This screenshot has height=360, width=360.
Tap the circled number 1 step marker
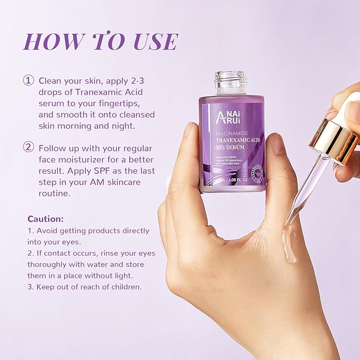pyautogui.click(x=28, y=81)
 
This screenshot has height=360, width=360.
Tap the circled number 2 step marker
pyautogui.click(x=28, y=147)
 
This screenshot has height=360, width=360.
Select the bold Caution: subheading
pyautogui.click(x=45, y=218)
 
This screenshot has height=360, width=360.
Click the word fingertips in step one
pyautogui.click(x=118, y=103)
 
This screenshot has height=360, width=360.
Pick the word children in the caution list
pyautogui.click(x=126, y=287)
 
